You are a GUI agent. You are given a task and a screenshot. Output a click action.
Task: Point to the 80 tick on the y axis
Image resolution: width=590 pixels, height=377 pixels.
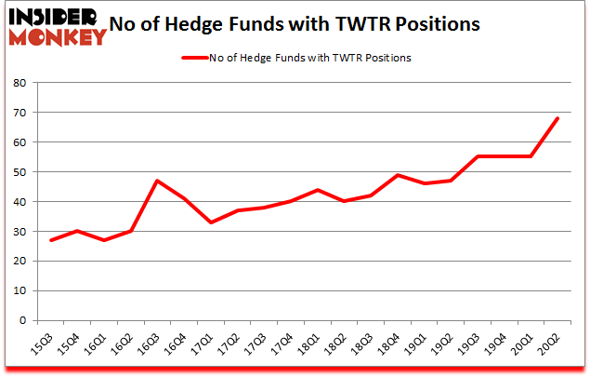[19, 83]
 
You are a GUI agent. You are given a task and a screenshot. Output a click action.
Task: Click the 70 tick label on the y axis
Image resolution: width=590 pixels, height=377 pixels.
[19, 113]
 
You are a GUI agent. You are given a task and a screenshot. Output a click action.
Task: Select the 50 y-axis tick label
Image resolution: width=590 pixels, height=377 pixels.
[19, 172]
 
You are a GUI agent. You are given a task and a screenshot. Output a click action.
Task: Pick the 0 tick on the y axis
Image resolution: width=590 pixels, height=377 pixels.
[22, 320]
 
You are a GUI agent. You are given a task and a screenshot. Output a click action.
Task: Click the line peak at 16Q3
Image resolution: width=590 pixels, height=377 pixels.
[157, 181]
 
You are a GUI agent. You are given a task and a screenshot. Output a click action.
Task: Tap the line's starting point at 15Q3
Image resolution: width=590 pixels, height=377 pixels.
[51, 240]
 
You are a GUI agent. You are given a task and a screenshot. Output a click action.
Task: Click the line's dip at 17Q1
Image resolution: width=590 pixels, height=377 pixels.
[211, 222]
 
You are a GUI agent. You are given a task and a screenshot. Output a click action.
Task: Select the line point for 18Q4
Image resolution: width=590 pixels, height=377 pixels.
[398, 175]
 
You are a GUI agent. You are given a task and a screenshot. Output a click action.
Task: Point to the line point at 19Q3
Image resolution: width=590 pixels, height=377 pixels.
[478, 156]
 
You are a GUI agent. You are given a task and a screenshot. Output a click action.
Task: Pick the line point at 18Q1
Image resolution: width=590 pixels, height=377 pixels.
[318, 190]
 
